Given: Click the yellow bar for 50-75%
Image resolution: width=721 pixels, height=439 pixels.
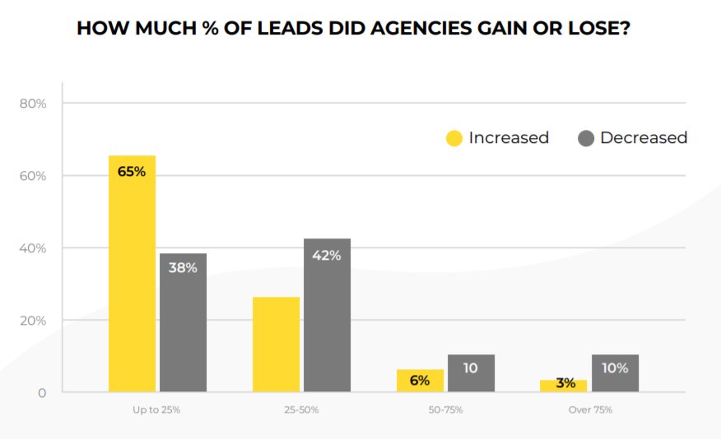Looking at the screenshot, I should pyautogui.click(x=420, y=381).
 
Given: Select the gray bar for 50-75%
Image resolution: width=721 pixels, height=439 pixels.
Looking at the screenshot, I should pyautogui.click(x=471, y=373).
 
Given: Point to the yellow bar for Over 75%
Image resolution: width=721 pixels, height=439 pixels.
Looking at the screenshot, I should pyautogui.click(x=564, y=386).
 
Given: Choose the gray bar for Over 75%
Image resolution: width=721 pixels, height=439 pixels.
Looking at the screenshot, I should pyautogui.click(x=615, y=373).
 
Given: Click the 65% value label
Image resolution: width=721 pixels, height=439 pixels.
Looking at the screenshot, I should pyautogui.click(x=132, y=172).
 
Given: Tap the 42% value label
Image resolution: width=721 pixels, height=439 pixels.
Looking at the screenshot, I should pyautogui.click(x=327, y=255).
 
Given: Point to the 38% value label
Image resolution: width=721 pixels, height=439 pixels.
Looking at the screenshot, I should pyautogui.click(x=183, y=267).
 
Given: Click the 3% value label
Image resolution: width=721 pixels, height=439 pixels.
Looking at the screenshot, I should pyautogui.click(x=564, y=383).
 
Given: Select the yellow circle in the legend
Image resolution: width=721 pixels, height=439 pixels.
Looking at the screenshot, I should pyautogui.click(x=454, y=138).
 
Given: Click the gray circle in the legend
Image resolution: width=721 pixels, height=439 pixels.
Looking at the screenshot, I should pyautogui.click(x=586, y=138).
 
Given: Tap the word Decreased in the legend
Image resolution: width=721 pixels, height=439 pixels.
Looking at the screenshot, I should pyautogui.click(x=643, y=138).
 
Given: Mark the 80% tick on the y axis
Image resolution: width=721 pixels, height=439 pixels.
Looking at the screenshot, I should pyautogui.click(x=33, y=104).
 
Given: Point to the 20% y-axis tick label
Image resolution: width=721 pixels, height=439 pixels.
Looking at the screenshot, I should pyautogui.click(x=33, y=321).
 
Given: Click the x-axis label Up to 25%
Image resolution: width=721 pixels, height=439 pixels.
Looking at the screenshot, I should pyautogui.click(x=156, y=409).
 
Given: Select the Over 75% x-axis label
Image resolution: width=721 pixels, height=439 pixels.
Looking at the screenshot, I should pyautogui.click(x=590, y=409).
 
